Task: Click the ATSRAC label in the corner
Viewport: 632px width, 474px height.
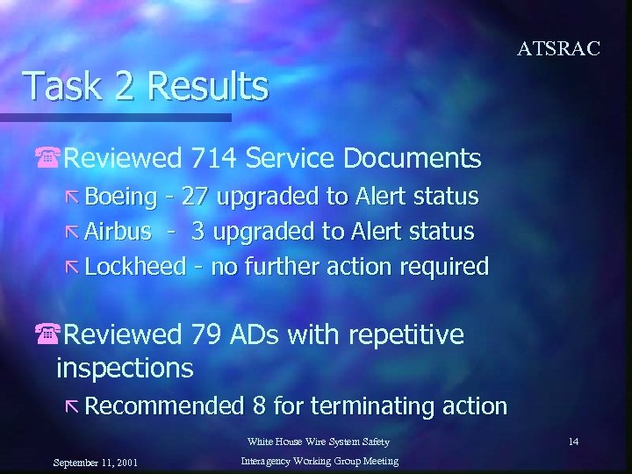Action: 558,49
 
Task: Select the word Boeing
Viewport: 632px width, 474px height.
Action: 119,196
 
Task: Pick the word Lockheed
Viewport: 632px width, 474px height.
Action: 136,266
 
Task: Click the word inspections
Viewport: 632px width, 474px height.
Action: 125,368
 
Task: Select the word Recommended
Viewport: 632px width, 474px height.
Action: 164,406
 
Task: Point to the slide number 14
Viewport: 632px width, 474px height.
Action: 573,442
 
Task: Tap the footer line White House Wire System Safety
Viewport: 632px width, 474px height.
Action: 318,442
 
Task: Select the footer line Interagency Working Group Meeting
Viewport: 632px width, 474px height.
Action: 319,461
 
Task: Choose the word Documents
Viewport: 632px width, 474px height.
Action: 413,159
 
